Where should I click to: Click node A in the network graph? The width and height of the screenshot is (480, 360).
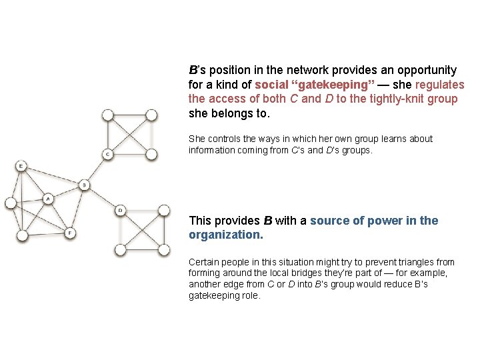click(48, 199)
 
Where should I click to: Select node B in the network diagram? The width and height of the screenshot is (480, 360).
click(84, 185)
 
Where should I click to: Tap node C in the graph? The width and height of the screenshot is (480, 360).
click(107, 155)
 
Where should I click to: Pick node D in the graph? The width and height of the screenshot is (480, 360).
click(120, 211)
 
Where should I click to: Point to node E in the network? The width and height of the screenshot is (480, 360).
click(22, 165)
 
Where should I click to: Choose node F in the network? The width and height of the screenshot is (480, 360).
click(70, 233)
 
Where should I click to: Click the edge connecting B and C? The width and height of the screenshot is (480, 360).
click(96, 169)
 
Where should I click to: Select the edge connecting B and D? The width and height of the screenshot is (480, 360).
click(102, 198)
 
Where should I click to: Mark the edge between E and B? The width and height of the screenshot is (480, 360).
click(53, 175)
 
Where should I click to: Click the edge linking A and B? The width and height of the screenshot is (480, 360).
click(66, 191)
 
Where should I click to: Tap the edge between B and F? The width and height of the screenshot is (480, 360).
click(77, 208)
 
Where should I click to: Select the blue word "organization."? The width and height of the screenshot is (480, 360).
click(226, 235)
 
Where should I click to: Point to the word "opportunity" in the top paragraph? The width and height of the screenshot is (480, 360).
click(424, 70)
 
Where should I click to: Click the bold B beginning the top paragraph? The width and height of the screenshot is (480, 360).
click(193, 70)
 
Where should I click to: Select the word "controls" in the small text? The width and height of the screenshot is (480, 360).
click(224, 139)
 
